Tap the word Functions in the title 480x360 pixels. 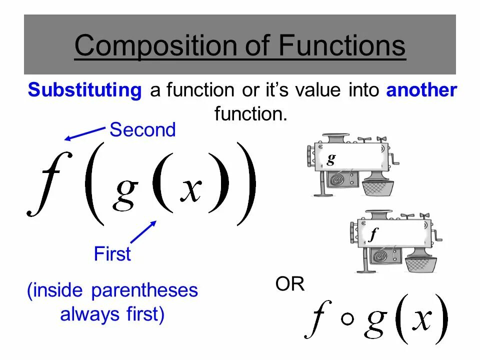click(341, 45)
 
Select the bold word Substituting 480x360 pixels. click(85, 90)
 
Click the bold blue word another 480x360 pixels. click(421, 90)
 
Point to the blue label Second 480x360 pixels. click(142, 130)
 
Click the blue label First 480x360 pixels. click(112, 254)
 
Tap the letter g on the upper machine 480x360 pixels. click(330, 158)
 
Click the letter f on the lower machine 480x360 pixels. click(372, 235)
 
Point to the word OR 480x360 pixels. click(289, 284)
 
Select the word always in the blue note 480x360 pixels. click(83, 314)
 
